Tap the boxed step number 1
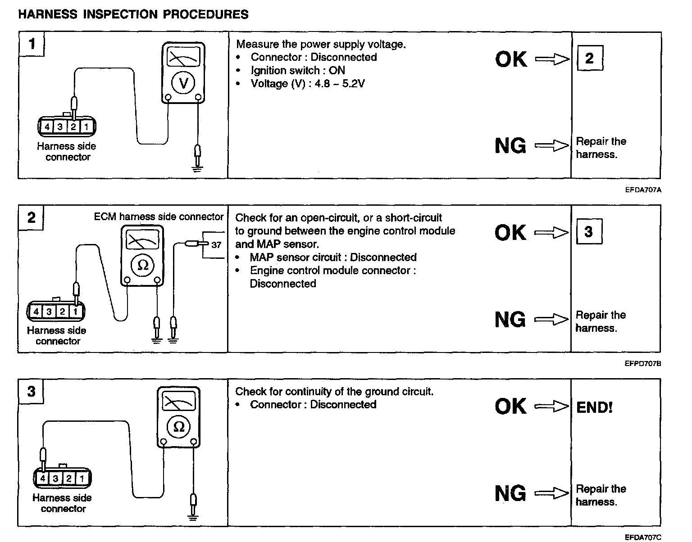click(31, 44)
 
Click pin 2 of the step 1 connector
click(73, 127)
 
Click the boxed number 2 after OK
click(589, 58)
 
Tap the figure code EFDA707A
click(643, 190)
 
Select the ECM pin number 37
click(216, 245)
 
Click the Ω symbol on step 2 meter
click(142, 265)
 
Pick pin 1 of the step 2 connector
click(76, 311)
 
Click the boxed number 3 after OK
click(588, 232)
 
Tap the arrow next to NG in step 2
click(551, 320)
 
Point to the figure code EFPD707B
click(643, 364)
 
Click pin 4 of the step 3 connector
click(43, 478)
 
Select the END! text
click(594, 408)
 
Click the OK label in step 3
click(510, 406)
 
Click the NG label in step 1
click(510, 145)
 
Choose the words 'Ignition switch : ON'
click(298, 70)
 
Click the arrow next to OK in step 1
click(552, 59)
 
